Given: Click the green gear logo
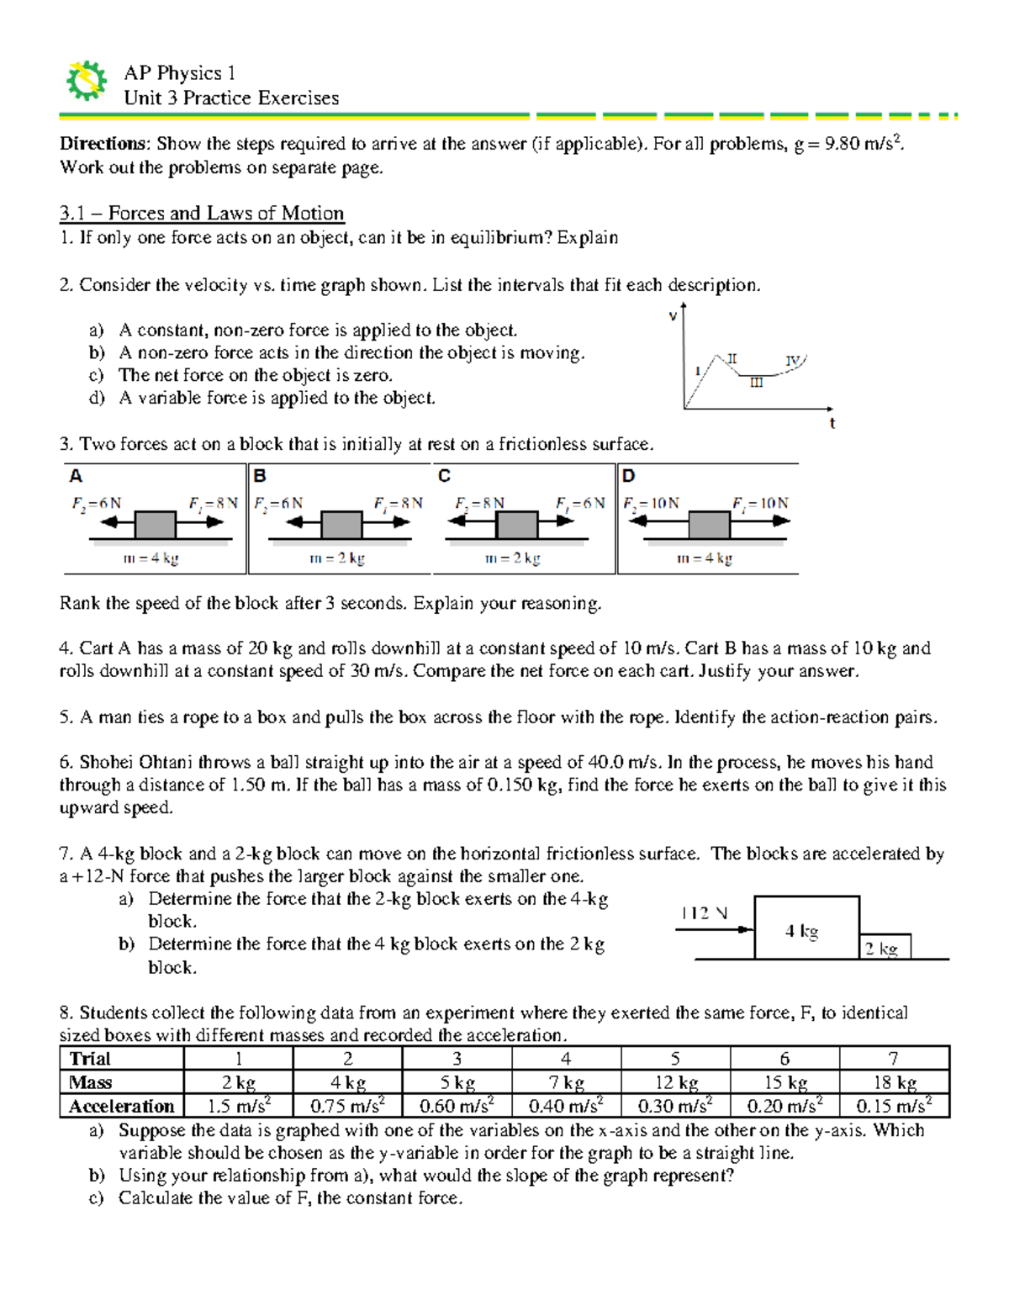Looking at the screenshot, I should tap(86, 82).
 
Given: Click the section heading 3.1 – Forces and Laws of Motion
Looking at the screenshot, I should tap(202, 213).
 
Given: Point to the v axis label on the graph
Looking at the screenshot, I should tap(673, 316).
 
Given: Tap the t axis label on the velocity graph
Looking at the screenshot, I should tap(832, 423).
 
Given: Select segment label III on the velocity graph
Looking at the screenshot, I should tap(757, 383).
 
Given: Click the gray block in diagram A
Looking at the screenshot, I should tap(155, 523).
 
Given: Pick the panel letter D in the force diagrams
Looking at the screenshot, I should tap(629, 477).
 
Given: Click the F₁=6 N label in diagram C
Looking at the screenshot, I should tap(580, 503).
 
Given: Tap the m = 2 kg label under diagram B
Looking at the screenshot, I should tap(337, 558).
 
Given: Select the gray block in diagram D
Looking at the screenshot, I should tap(709, 523).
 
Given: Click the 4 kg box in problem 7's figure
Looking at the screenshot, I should tap(806, 928).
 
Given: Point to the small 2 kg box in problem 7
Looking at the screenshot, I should tap(885, 948).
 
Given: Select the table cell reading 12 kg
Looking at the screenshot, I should tap(675, 1082).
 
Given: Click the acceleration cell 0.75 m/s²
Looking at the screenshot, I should tap(347, 1106).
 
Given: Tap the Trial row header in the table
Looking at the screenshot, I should tap(91, 1059).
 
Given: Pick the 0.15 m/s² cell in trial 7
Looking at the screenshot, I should tap(894, 1106).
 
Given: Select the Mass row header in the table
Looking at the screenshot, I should tap(91, 1082).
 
